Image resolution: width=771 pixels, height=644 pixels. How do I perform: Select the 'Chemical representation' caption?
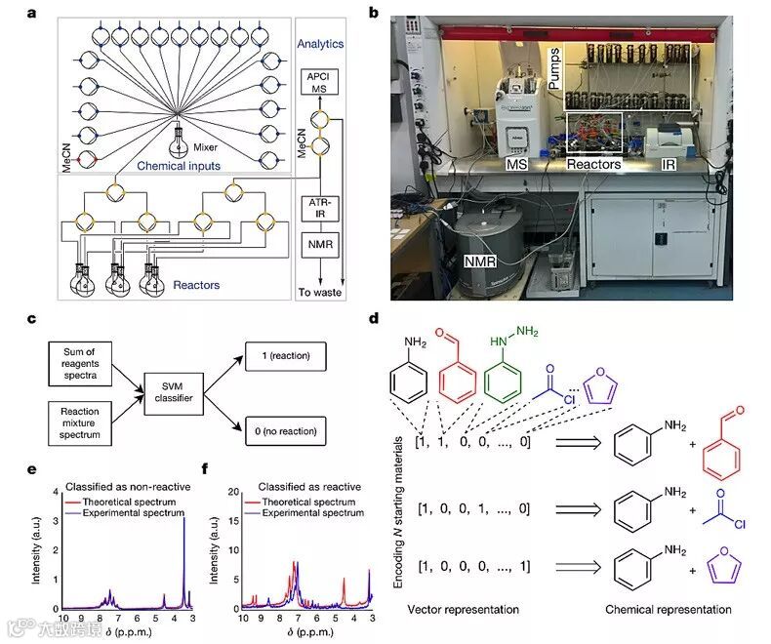(x=668, y=609)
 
